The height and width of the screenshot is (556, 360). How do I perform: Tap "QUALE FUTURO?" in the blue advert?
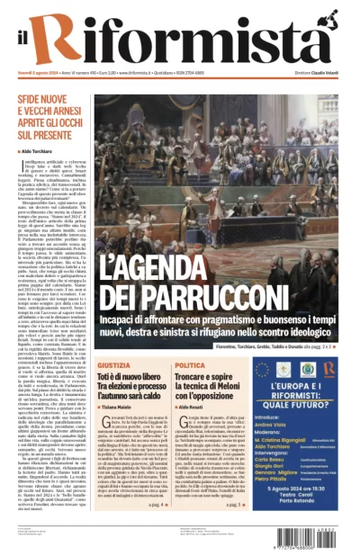tap(316, 403)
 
